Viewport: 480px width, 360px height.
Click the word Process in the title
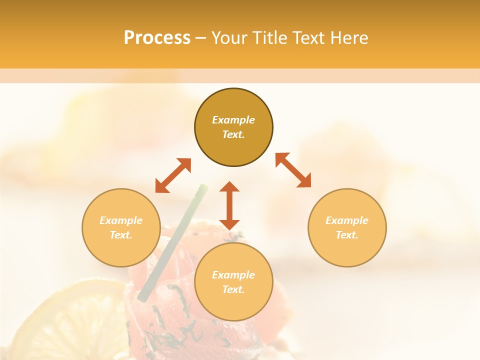pyautogui.click(x=157, y=38)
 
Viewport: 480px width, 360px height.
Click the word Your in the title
pyautogui.click(x=229, y=38)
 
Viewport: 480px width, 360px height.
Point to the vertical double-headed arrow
pyautogui.click(x=229, y=205)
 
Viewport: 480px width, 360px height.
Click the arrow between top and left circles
pyautogui.click(x=173, y=175)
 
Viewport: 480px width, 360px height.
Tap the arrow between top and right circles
pyautogui.click(x=293, y=170)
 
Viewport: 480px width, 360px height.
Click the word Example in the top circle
pyautogui.click(x=233, y=120)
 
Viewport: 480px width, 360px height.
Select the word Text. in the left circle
pyautogui.click(x=121, y=235)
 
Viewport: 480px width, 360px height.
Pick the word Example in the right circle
pyautogui.click(x=347, y=220)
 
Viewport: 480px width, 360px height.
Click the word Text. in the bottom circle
pyautogui.click(x=233, y=289)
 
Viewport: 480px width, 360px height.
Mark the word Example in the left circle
pyautogui.click(x=121, y=220)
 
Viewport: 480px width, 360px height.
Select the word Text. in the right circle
pyautogui.click(x=347, y=235)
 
